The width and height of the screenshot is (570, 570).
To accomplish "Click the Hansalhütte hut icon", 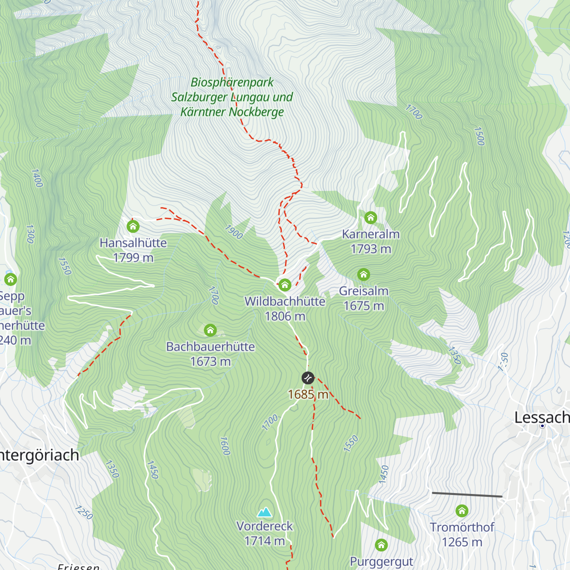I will click(x=133, y=226).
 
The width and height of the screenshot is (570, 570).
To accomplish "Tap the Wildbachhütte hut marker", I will click(x=285, y=285).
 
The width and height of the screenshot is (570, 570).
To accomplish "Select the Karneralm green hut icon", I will click(x=370, y=218).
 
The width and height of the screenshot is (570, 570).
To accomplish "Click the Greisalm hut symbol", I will click(x=363, y=275).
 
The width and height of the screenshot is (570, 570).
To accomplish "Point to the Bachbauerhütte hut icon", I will click(x=210, y=330).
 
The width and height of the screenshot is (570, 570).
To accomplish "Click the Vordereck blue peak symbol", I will click(x=265, y=512).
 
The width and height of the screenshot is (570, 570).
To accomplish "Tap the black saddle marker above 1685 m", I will click(x=308, y=378).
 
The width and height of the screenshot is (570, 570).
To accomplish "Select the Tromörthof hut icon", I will click(x=462, y=511).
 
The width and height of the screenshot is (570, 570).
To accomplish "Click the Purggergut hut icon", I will click(x=381, y=545).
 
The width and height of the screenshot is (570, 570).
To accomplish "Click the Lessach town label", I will click(x=541, y=418).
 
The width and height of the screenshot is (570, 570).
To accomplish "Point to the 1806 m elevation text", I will click(x=285, y=316).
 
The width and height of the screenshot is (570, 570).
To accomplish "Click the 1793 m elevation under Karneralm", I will click(x=370, y=249).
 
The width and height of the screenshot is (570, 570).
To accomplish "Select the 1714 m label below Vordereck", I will click(x=265, y=541).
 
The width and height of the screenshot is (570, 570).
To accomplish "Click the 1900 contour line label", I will click(x=233, y=232).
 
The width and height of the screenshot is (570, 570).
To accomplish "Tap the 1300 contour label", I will click(x=30, y=234).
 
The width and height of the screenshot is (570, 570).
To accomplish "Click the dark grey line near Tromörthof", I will click(x=467, y=495).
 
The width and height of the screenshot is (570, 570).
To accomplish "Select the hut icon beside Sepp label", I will click(x=10, y=279).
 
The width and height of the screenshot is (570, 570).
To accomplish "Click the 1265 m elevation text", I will click(x=462, y=542).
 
